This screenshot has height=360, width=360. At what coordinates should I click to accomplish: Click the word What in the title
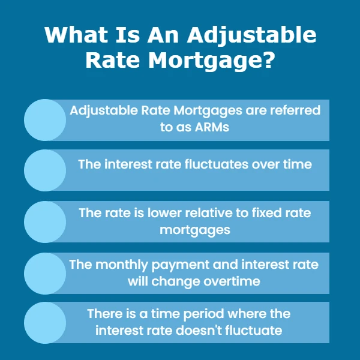pyautogui.click(x=76, y=35)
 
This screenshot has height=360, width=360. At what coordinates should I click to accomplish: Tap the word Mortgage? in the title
pyautogui.click(x=211, y=61)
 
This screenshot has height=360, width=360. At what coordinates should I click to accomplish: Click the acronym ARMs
pyautogui.click(x=212, y=127)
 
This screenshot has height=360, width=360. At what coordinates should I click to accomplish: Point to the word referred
pyautogui.click(x=295, y=110)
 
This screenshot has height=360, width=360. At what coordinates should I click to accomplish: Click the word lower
pyautogui.click(x=164, y=213)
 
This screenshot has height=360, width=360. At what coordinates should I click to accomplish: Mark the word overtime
pyautogui.click(x=232, y=281)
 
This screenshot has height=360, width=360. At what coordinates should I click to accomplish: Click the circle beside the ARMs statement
pyautogui.click(x=45, y=120)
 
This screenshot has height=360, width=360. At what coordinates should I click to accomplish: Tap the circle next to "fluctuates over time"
pyautogui.click(x=45, y=170)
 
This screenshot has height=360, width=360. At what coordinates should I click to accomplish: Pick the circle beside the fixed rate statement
pyautogui.click(x=45, y=222)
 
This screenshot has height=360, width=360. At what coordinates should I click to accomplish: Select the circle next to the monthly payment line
pyautogui.click(x=45, y=274)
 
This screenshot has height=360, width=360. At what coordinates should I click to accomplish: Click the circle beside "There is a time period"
pyautogui.click(x=45, y=323)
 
